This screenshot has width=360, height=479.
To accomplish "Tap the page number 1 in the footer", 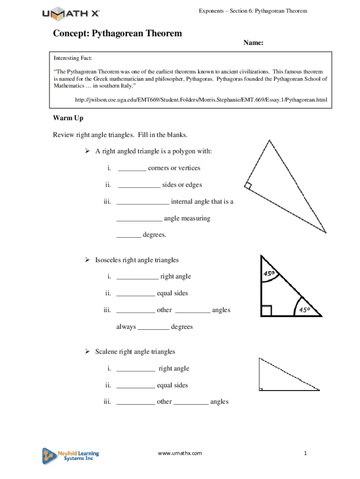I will pos(304,453).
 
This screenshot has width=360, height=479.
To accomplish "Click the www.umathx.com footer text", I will pos(180,453).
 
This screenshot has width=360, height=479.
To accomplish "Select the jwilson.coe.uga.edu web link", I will pos(201,100).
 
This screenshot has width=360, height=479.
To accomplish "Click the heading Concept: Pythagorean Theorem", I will pos(117,34).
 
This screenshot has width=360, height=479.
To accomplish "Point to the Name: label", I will pos(253,43).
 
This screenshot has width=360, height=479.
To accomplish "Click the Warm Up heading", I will pos(68,118).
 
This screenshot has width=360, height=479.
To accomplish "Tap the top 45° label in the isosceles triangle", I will pos(269,274).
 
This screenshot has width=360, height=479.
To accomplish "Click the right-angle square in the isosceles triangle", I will pos(266,311).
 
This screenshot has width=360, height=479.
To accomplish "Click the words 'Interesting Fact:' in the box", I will pos(73,58).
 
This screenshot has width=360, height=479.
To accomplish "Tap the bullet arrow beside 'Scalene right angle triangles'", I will pos(86,352).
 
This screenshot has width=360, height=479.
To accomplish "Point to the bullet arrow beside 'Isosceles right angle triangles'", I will pos(86,260).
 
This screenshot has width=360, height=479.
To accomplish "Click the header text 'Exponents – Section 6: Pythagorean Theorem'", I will pos(253,10).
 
